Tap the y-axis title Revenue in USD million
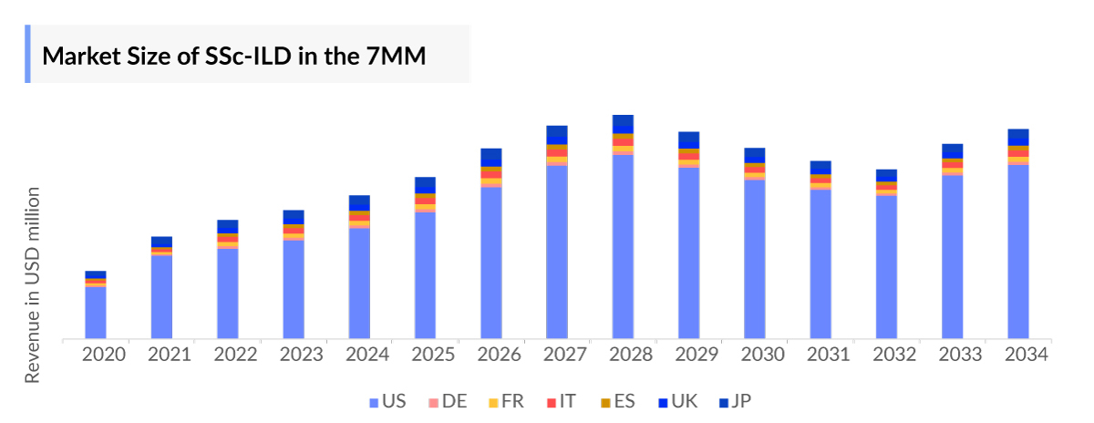tap(33, 285)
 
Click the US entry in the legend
tap(387, 401)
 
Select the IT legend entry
tap(561, 401)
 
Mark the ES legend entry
tap(616, 401)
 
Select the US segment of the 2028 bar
tap(623, 246)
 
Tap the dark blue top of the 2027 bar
tap(557, 133)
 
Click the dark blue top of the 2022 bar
tap(228, 225)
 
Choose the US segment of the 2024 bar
tap(359, 283)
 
